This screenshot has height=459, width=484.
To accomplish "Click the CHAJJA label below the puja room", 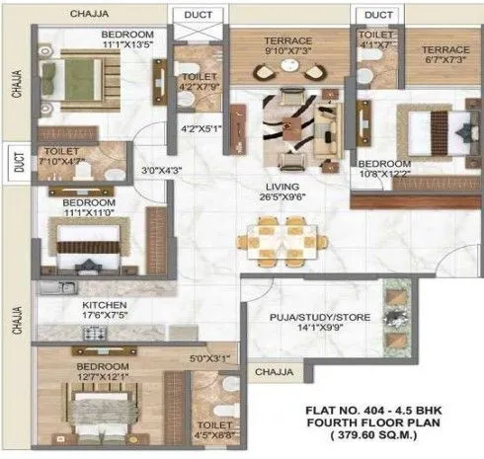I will click(x=273, y=372).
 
